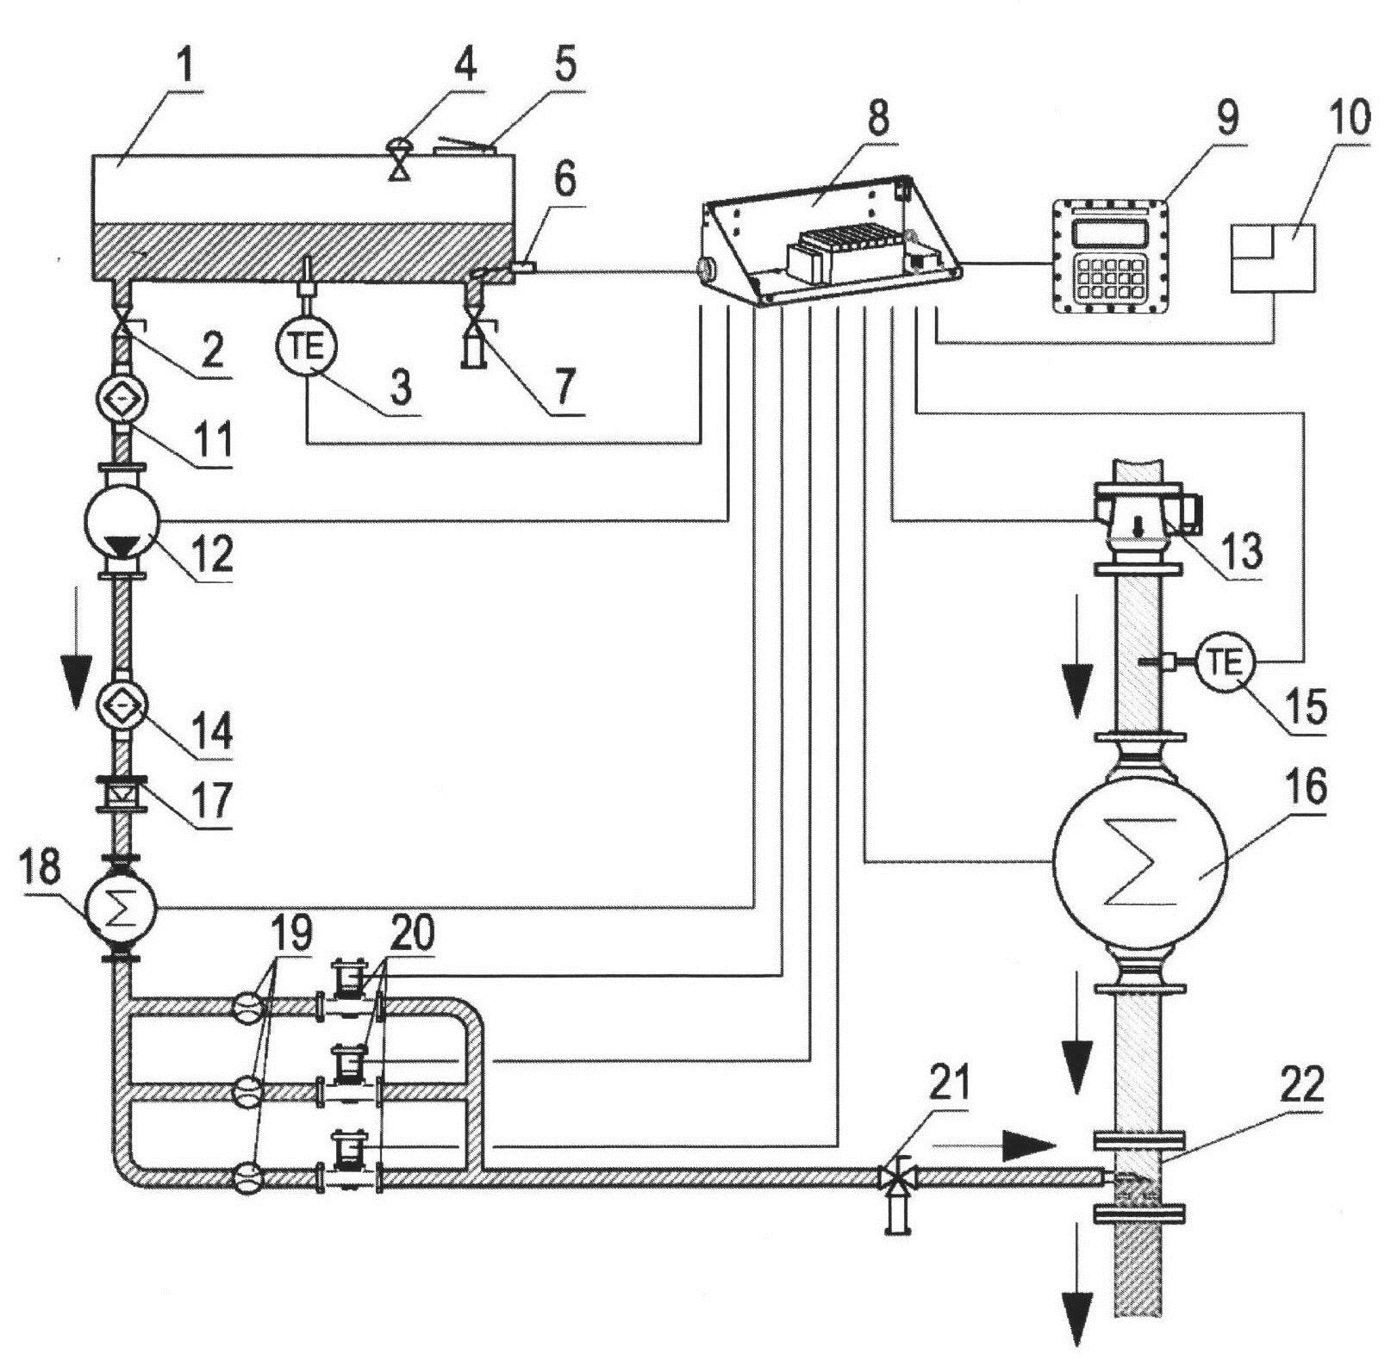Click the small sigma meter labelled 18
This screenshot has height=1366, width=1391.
pos(120,907)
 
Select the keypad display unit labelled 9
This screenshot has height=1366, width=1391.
pos(1111,254)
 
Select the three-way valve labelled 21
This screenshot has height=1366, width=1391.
pos(897,1177)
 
